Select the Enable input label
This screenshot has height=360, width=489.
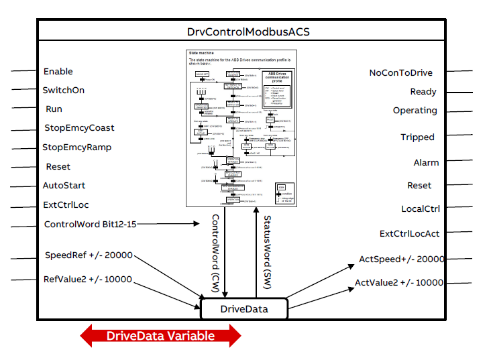tap(58, 72)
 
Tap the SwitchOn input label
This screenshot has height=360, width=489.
tap(64, 90)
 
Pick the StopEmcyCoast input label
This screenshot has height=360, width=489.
tap(79, 127)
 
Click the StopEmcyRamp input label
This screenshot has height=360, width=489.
tap(77, 147)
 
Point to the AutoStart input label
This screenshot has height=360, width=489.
tap(64, 186)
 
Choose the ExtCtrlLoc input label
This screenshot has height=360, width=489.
tap(66, 205)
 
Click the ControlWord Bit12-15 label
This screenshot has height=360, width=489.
tap(90, 224)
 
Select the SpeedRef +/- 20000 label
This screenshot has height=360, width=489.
tap(89, 255)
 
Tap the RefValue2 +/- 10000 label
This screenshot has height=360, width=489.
tap(89, 280)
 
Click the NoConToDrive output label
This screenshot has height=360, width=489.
tap(401, 73)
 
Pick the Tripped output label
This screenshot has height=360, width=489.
tap(417, 137)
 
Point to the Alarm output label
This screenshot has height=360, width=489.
tap(426, 162)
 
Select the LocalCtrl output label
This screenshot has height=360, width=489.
tap(420, 208)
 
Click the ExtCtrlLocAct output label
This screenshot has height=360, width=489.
tap(409, 233)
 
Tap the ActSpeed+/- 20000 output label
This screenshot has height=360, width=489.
tap(401, 259)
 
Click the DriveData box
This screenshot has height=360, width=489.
tap(244, 309)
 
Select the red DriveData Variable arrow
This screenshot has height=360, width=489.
tap(160, 336)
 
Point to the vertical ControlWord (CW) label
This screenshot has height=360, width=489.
tap(216, 252)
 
